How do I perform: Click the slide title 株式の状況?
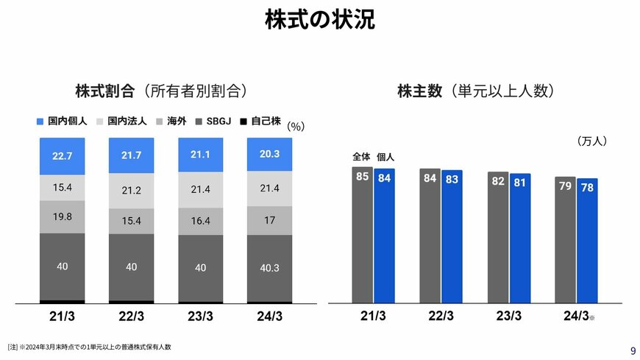(319, 20)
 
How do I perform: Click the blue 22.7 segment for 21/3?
(63, 156)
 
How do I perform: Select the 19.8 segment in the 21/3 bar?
(63, 216)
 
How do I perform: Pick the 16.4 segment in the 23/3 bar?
(200, 220)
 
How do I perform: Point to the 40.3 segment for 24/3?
(269, 268)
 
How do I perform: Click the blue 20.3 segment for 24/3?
(269, 154)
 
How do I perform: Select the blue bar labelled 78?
(587, 240)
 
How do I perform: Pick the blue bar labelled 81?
(520, 238)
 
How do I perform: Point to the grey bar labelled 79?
(565, 239)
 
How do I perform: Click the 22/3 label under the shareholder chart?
(441, 317)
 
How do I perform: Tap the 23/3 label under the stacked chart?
(200, 317)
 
